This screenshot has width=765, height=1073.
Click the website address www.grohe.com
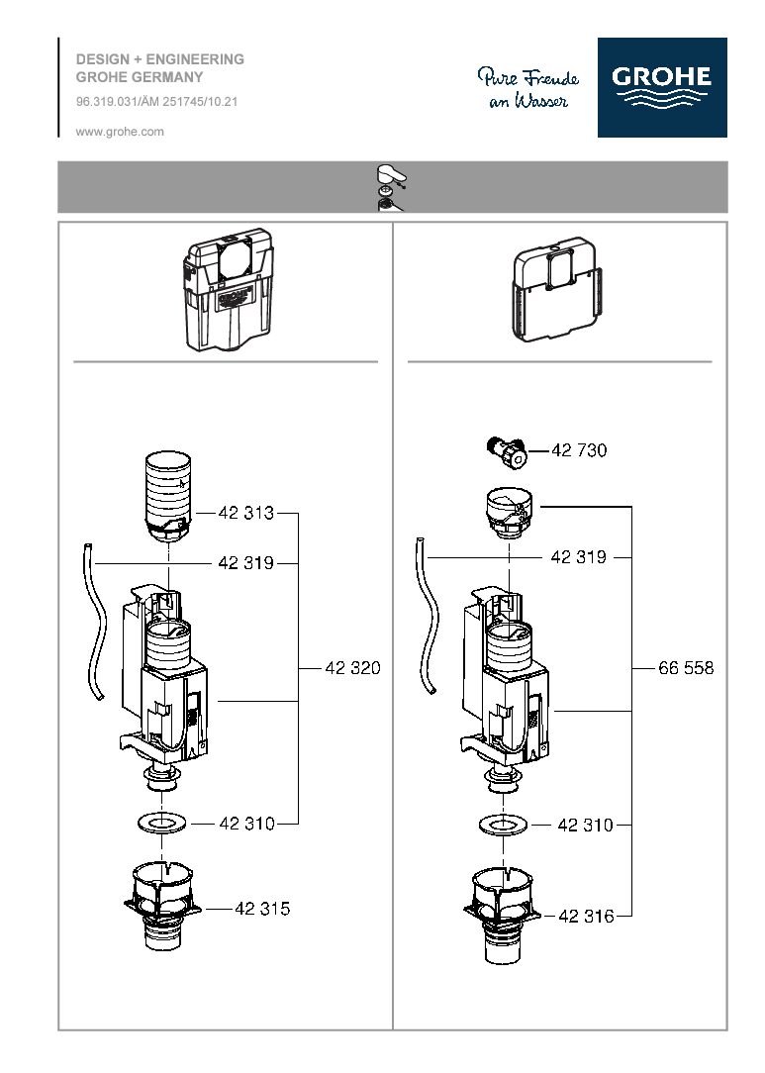click(120, 131)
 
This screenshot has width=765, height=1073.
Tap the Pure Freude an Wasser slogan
click(527, 88)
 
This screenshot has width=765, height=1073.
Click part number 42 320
click(352, 668)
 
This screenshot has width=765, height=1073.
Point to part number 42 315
click(262, 908)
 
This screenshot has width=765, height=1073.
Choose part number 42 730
click(579, 450)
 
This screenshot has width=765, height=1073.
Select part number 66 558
click(686, 668)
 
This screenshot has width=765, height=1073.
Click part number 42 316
click(586, 917)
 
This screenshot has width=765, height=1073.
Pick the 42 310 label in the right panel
click(586, 825)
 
